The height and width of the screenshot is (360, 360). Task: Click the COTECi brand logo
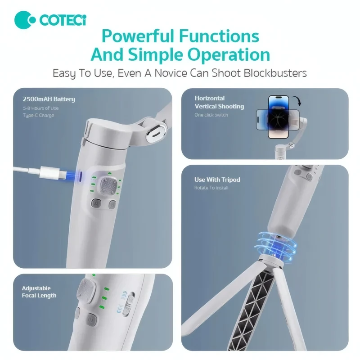[50, 20]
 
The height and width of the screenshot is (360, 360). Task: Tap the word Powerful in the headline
[138, 36]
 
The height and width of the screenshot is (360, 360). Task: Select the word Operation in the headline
[229, 54]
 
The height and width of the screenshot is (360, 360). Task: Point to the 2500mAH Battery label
[49, 99]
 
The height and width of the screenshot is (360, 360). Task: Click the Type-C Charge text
[39, 115]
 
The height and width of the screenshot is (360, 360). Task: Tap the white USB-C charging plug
[49, 173]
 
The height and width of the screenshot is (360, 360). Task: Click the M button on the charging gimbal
[96, 203]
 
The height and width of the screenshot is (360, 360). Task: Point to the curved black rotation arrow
[297, 100]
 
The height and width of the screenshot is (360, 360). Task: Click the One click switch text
[211, 115]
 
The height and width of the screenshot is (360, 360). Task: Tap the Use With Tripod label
[217, 180]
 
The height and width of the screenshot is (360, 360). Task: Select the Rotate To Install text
[211, 188]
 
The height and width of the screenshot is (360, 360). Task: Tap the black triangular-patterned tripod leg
[252, 308]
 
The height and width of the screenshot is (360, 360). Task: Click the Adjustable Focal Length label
[39, 292]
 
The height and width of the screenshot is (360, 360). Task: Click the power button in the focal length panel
[91, 319]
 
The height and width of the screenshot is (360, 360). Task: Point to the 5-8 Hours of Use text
[40, 108]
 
